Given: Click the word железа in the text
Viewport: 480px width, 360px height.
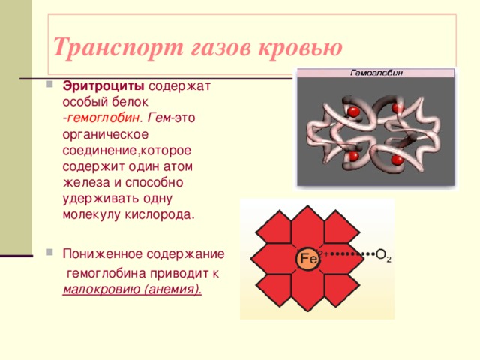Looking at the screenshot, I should (83, 182).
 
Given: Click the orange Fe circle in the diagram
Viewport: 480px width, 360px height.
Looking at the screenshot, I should (308, 259).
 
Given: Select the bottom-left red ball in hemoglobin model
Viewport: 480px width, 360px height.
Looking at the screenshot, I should (352, 157).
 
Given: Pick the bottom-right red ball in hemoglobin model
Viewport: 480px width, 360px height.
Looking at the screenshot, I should (396, 160).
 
